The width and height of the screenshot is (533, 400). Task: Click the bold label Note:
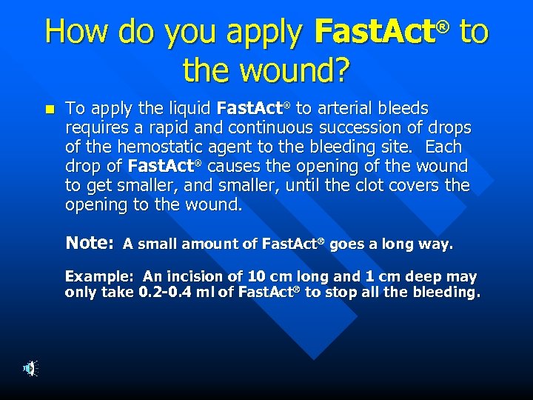pyautogui.click(x=89, y=243)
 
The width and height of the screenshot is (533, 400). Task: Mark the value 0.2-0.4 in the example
pyautogui.click(x=166, y=293)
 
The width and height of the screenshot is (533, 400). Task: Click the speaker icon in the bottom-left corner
pyautogui.click(x=27, y=368)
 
